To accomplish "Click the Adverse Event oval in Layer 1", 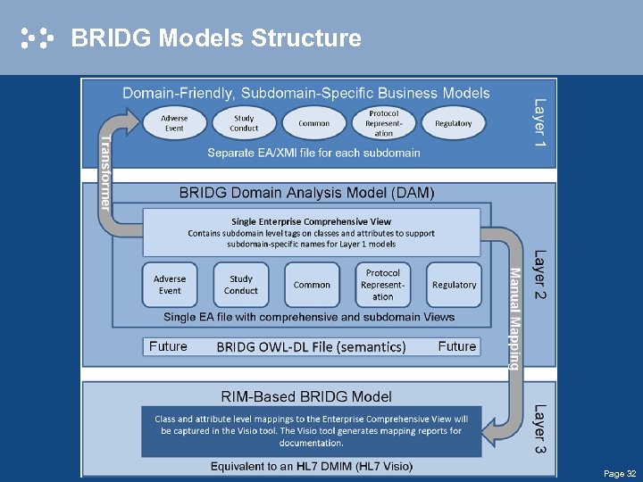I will tap(174, 123).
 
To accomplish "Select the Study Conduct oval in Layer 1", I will tap(244, 123).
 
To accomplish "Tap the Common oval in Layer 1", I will tap(313, 123).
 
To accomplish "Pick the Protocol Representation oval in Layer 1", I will tap(383, 123).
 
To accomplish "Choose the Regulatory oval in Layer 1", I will tap(453, 123).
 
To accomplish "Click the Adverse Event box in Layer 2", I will tap(170, 285).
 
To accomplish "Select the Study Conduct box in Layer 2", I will tap(241, 285).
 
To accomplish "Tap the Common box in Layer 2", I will tap(312, 285).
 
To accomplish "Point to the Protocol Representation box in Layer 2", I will tap(383, 285).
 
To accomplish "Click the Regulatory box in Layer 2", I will tap(454, 285).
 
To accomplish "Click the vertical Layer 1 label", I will tap(539, 122).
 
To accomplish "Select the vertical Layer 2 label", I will tap(539, 274).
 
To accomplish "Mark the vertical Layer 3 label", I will tap(539, 428).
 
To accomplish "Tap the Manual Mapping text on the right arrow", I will tap(514, 318).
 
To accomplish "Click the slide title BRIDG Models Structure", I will tap(216, 38).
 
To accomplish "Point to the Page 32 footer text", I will tap(620, 473).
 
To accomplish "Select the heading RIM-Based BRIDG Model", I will tap(306, 396).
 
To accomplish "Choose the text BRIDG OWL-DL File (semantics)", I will tap(311, 346).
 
